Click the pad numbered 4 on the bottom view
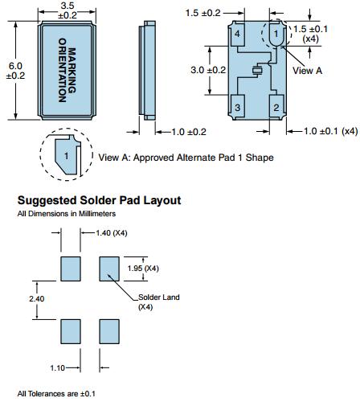coord(238,35)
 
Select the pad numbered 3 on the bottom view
coord(238,106)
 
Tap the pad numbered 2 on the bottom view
coord(276,106)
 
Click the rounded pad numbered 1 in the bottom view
coord(276,34)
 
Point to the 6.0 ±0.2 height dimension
coord(15,71)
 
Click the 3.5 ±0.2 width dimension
coord(67,10)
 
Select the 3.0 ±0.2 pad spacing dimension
coord(208,70)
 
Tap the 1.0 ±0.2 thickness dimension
coord(189,132)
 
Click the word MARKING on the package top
coord(72,71)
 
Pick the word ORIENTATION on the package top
coord(63,70)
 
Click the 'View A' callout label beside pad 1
coord(307,71)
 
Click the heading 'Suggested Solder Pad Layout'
coord(99,200)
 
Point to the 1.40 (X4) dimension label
coord(112,233)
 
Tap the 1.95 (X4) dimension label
coord(143,268)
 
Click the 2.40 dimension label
coord(37,298)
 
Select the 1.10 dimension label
coord(58,368)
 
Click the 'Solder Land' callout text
coord(159,297)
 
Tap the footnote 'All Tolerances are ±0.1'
coord(56,394)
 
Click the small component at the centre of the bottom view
coord(258,70)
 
